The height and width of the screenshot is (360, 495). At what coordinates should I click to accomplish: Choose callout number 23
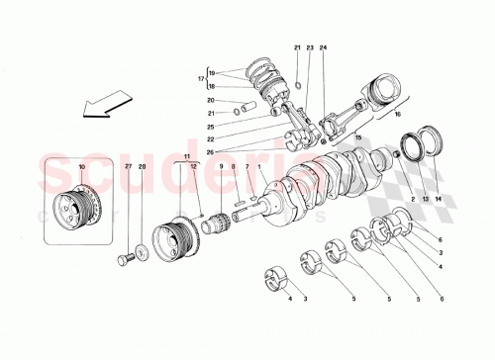coord(310,48)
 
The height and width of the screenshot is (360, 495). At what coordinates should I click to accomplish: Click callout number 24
coord(322,48)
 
